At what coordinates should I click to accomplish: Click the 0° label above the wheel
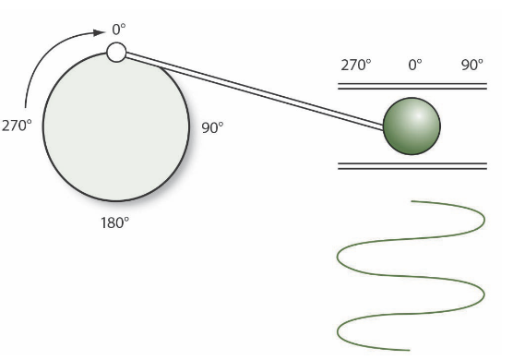pyautogui.click(x=119, y=30)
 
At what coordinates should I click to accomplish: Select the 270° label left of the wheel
pyautogui.click(x=17, y=126)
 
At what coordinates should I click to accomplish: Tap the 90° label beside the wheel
pyautogui.click(x=212, y=127)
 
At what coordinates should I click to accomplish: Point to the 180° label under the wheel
pyautogui.click(x=114, y=223)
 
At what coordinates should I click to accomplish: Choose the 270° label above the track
pyautogui.click(x=355, y=66)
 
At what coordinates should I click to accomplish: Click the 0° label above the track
pyautogui.click(x=414, y=66)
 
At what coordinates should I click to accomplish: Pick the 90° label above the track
pyautogui.click(x=471, y=66)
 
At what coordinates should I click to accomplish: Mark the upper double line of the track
pyautogui.click(x=412, y=86)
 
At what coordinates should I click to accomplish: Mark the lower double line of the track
pyautogui.click(x=412, y=166)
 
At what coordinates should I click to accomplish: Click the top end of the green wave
pyautogui.click(x=412, y=200)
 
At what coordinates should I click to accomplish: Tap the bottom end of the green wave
pyautogui.click(x=410, y=350)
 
